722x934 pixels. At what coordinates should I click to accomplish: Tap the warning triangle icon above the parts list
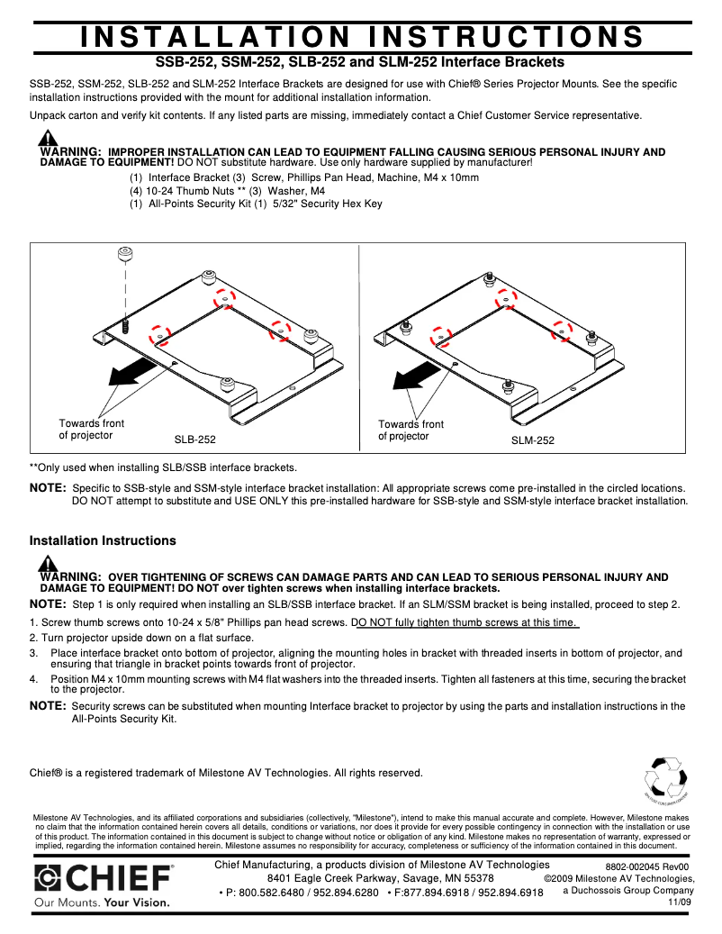tap(48, 139)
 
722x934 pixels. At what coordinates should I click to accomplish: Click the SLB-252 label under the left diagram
tap(194, 440)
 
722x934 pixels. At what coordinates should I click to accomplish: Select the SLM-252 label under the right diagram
tap(533, 440)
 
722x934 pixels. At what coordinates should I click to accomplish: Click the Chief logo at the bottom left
tap(104, 878)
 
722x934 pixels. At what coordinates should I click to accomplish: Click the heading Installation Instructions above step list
tap(103, 541)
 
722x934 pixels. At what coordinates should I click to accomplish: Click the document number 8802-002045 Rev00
tap(646, 866)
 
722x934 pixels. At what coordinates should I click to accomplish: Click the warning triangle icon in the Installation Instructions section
tap(48, 564)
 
